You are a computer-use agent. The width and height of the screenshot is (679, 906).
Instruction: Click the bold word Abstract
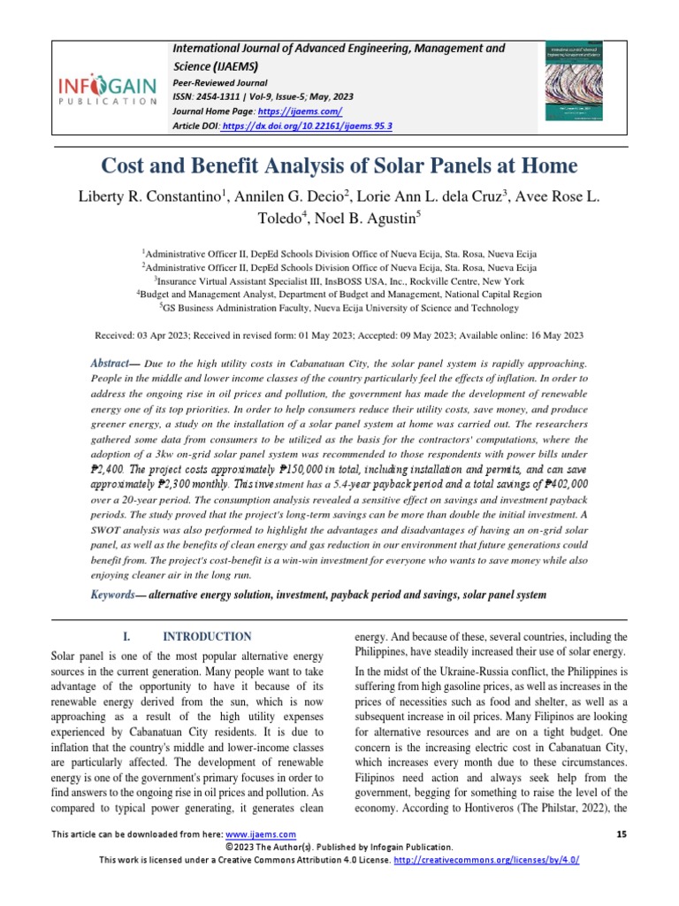110,365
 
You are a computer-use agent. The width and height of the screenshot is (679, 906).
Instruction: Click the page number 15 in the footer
619,834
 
